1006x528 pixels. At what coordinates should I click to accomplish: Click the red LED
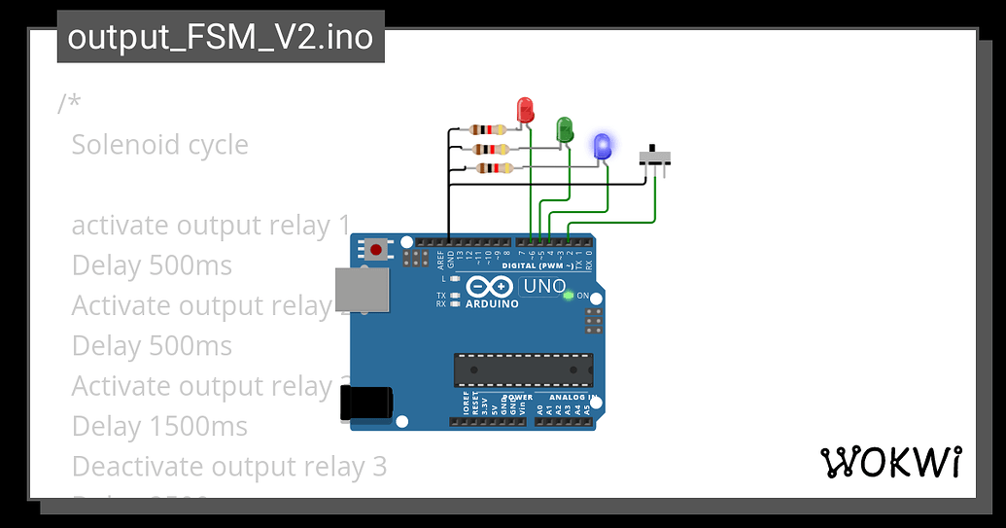coord(525,109)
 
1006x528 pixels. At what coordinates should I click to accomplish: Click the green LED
coord(564,128)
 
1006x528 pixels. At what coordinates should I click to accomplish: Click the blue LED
coord(603,146)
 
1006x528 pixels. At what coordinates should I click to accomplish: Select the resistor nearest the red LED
coord(488,129)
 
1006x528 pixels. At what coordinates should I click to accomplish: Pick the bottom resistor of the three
coord(496,168)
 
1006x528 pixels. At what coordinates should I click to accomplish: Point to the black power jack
coord(365,403)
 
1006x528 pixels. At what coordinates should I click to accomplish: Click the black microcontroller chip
coord(523,370)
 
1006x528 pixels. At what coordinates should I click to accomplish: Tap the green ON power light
coord(569,295)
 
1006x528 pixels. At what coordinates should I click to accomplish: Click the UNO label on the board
coord(543,287)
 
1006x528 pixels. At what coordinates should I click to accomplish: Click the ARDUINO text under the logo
coord(491,303)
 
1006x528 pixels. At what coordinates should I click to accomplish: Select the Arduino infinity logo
coord(490,288)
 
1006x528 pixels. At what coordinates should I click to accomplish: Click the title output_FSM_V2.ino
coord(221,37)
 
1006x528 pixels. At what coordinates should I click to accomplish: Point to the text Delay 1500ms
coord(159,426)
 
